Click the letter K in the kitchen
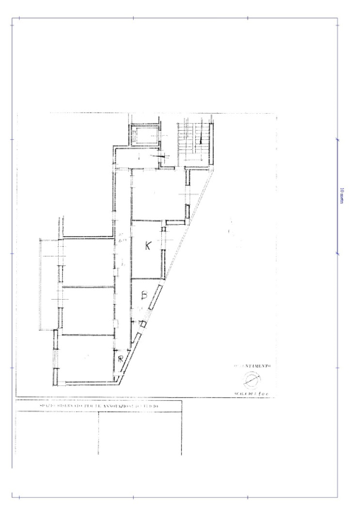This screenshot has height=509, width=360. pos(148,246)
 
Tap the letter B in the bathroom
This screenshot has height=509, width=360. pos(143,295)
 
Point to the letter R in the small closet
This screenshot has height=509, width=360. pos(122,359)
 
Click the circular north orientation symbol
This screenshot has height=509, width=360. pos(251,376)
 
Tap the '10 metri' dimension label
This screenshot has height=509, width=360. pos(341,196)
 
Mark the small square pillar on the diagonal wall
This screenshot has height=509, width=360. pos(143,324)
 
